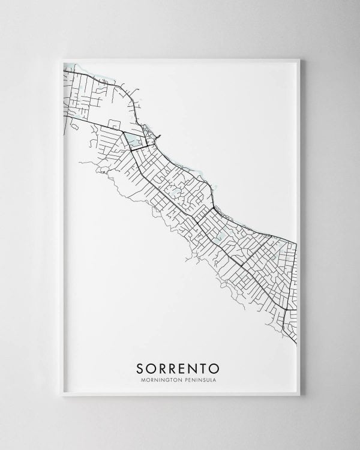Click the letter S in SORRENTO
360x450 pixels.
pyautogui.click(x=142, y=365)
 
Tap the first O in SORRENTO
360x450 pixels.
pyautogui.click(x=154, y=365)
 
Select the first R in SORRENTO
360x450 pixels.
pyautogui.click(x=166, y=365)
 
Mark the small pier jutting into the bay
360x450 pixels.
pyautogui.click(x=157, y=137)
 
